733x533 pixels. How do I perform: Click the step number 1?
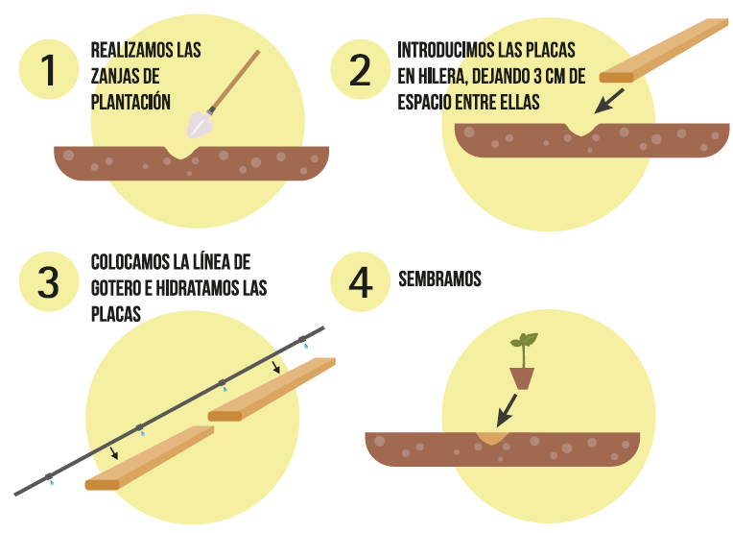(x=48, y=70)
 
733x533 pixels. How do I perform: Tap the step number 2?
(x=360, y=70)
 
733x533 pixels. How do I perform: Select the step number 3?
(x=48, y=282)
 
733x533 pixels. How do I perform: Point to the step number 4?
(x=361, y=282)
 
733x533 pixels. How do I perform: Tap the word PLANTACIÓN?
(x=130, y=102)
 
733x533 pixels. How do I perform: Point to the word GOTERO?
(x=115, y=288)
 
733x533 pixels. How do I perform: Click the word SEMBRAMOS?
(x=439, y=279)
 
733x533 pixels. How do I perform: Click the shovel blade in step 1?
(x=200, y=125)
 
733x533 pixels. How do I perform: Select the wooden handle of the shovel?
(x=234, y=80)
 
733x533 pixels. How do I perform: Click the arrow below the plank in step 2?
(x=608, y=101)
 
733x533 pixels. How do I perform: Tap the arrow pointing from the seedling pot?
(x=507, y=410)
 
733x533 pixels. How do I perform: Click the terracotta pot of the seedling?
(x=522, y=378)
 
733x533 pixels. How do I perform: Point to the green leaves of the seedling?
(x=525, y=340)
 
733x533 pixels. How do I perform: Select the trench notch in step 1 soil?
(x=180, y=153)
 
